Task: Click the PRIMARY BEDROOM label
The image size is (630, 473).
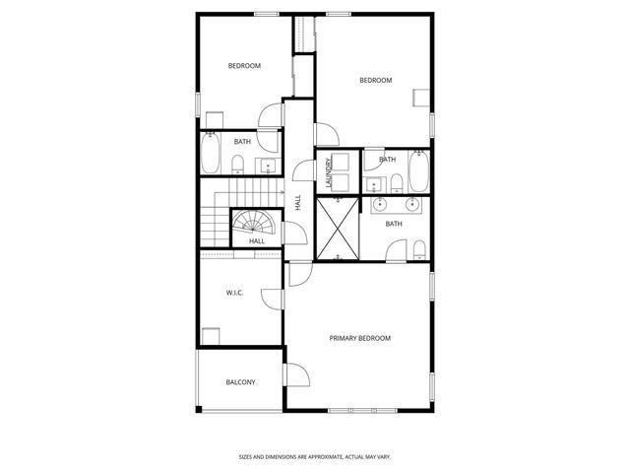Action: point(359,338)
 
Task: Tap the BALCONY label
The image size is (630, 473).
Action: point(240,382)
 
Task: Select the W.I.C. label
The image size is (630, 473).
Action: point(234,292)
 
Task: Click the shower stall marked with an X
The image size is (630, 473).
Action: point(338,228)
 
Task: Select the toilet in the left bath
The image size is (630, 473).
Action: point(238,164)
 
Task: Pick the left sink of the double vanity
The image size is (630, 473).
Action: point(385,205)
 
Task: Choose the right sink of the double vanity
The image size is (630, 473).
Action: point(412,205)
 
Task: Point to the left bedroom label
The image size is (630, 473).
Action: point(244,66)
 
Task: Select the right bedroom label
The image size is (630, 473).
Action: point(375,81)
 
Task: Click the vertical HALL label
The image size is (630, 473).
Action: point(297,203)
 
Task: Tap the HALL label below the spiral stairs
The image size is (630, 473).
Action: point(257,241)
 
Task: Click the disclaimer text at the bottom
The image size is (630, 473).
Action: point(314,456)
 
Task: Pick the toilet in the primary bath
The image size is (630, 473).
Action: point(419,246)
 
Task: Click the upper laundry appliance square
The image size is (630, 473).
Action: point(340,162)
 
